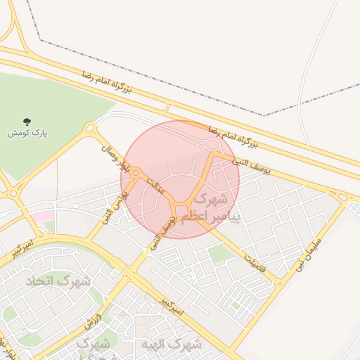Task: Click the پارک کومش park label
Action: coord(27,133)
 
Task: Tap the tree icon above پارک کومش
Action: coord(27,122)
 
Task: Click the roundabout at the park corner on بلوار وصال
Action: coord(90,129)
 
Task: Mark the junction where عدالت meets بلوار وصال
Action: coord(136,173)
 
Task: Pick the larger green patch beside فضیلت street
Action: coord(221,254)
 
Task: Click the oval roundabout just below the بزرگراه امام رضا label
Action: coord(211,145)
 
